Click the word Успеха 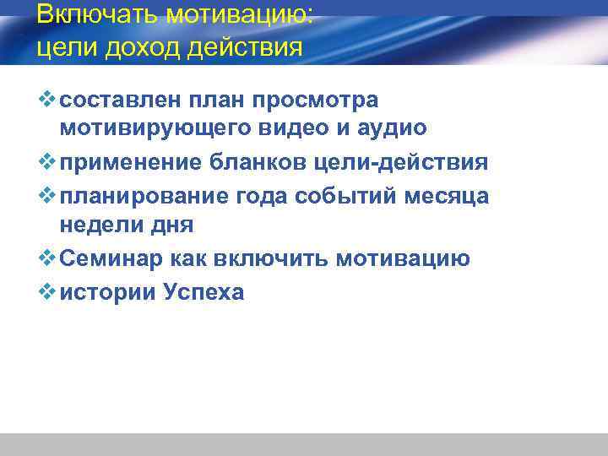pyautogui.click(x=200, y=292)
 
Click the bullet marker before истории pyautogui.click(x=47, y=291)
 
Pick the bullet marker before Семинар pyautogui.click(x=47, y=258)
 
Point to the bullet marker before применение pyautogui.click(x=47, y=161)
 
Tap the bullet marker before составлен pyautogui.click(x=47, y=100)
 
